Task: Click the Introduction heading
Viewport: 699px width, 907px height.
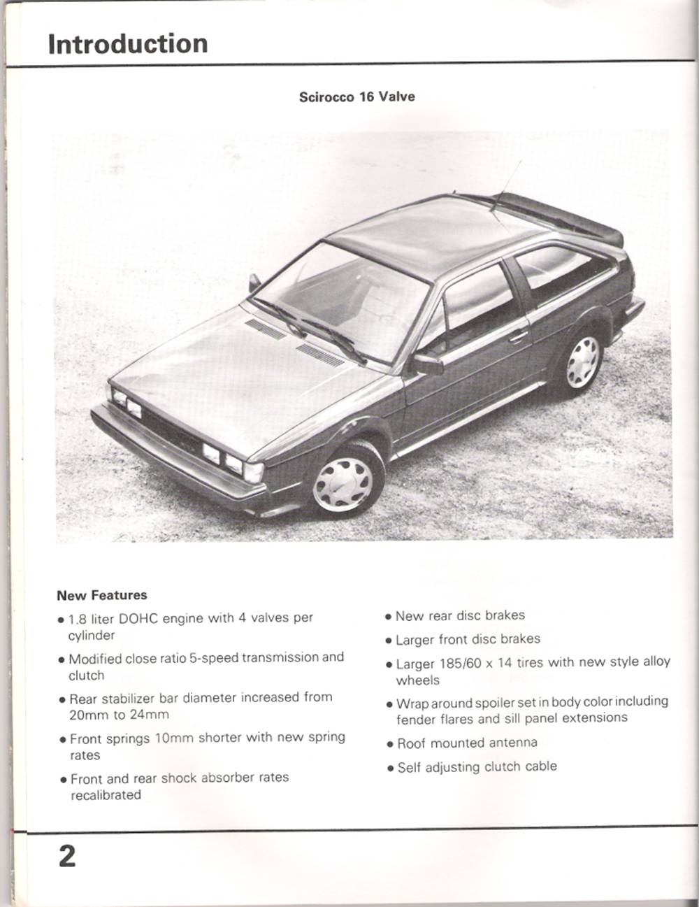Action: tap(128, 43)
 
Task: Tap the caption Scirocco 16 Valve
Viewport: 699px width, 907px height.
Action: tap(356, 97)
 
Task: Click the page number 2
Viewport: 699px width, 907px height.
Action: tap(67, 856)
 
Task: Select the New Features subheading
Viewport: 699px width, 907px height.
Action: tap(102, 595)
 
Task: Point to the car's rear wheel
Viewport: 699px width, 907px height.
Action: tap(582, 362)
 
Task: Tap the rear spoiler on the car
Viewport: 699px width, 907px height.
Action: tap(559, 214)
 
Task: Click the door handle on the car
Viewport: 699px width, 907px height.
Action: tap(518, 336)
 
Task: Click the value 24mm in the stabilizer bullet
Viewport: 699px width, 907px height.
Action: tap(149, 715)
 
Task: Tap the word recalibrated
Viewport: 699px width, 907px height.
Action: tap(106, 795)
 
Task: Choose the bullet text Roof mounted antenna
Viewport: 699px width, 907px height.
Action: tap(467, 743)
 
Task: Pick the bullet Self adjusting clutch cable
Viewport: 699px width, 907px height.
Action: tap(477, 766)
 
